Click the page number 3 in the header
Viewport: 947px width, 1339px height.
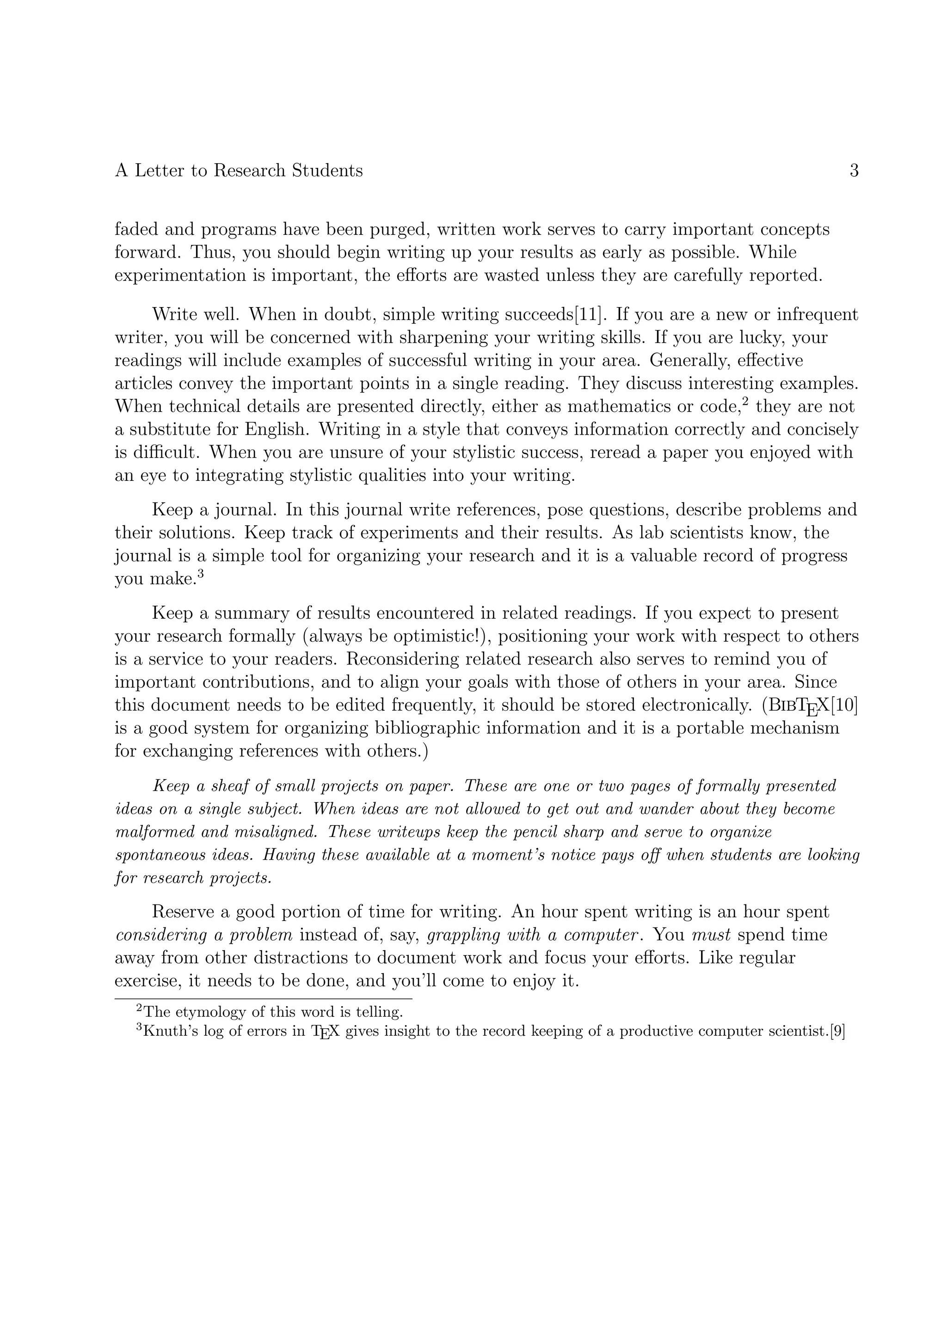click(x=854, y=171)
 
